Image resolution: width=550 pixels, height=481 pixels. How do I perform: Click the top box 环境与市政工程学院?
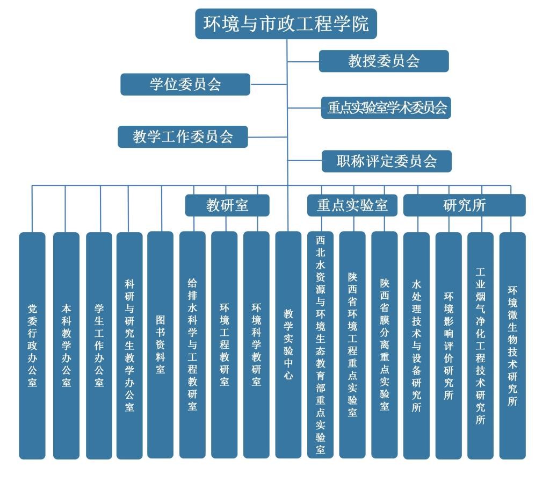[x=286, y=24]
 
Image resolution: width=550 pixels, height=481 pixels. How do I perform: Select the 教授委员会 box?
[x=383, y=61]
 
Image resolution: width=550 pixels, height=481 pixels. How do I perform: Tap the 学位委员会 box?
[x=185, y=84]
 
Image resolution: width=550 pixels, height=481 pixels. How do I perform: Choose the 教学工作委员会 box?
[x=183, y=137]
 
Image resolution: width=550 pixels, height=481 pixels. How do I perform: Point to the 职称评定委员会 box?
[x=387, y=161]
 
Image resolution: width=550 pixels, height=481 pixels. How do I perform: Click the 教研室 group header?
[x=227, y=205]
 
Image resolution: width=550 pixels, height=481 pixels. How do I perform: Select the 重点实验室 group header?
[x=352, y=205]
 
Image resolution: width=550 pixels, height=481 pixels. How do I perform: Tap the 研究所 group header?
[x=464, y=205]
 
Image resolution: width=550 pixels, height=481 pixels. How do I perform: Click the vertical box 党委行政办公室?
[x=32, y=345]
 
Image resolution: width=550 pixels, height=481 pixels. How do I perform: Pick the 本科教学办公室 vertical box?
[x=66, y=345]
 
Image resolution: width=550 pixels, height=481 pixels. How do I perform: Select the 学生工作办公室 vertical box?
[x=99, y=345]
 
